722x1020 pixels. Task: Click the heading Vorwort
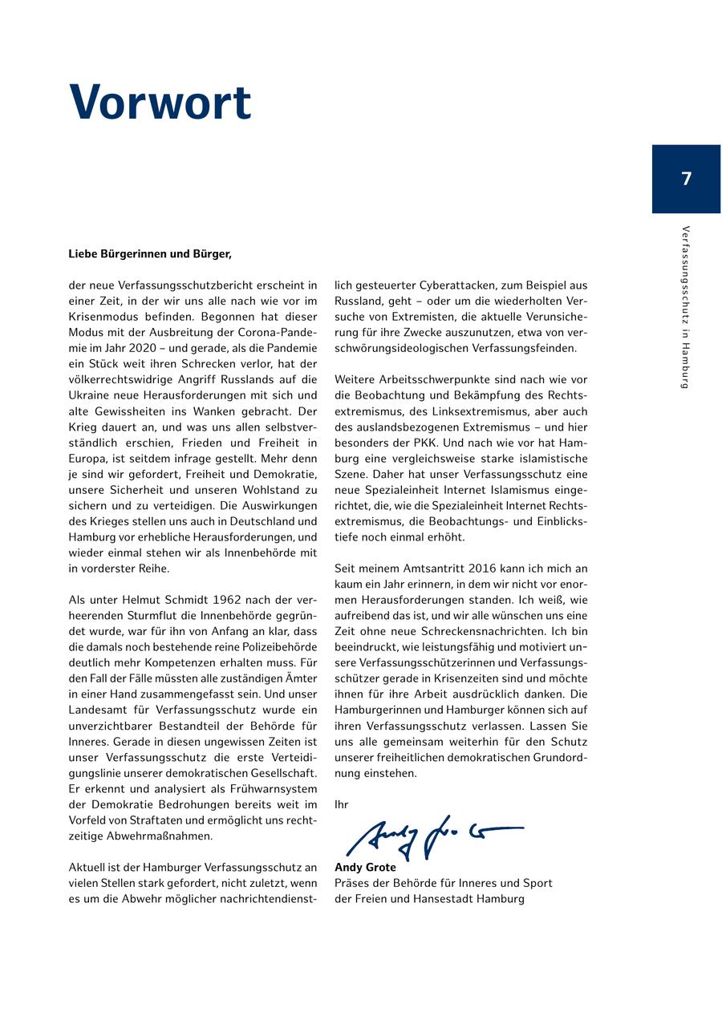pos(160,103)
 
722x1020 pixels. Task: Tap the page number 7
pos(686,179)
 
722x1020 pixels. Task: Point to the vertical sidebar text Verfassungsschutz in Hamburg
pos(685,307)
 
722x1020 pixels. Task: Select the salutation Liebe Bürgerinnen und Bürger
pos(150,254)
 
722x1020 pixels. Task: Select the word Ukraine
pos(89,395)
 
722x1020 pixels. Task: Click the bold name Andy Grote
pos(365,868)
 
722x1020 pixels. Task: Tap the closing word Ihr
pos(341,804)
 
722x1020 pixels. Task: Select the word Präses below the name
pos(353,883)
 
